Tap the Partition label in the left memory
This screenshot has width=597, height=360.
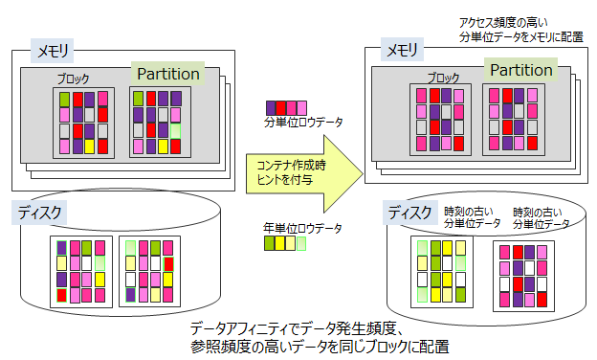click(168, 74)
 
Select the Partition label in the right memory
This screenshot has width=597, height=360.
click(520, 70)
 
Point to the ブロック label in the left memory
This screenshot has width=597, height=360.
click(76, 79)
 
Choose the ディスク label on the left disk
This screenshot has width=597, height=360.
click(40, 213)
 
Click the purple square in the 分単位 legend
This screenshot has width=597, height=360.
click(270, 106)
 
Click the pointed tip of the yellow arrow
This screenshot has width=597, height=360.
click(363, 172)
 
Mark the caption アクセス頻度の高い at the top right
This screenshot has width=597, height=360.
click(504, 21)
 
